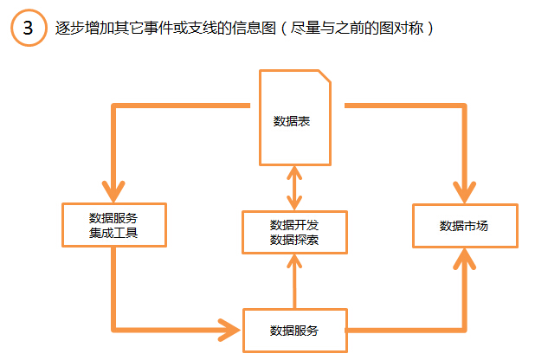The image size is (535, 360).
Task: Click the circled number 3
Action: [29, 29]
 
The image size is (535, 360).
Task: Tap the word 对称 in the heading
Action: [403, 28]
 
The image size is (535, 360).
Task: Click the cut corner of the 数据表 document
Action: [323, 75]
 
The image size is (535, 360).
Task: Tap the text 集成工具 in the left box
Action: [113, 233]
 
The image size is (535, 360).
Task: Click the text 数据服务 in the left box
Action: [113, 217]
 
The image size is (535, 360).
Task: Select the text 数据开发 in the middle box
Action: [295, 224]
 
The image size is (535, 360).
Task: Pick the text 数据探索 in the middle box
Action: [295, 239]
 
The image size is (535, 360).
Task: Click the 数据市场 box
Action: [464, 227]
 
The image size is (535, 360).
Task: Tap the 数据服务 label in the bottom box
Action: [294, 331]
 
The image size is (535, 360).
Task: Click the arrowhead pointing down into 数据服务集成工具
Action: [113, 193]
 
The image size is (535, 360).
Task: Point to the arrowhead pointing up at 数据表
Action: [295, 171]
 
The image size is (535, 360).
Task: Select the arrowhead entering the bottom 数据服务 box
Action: [232, 330]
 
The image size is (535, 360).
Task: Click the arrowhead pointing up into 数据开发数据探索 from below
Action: [295, 261]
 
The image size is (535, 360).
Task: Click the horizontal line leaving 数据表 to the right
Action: [398, 106]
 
